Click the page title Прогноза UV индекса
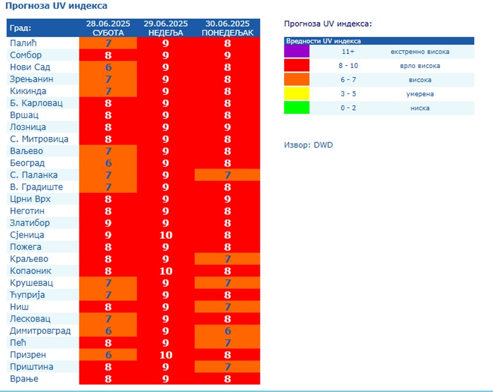56,6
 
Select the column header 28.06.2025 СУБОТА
108,28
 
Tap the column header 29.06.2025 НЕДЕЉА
166,28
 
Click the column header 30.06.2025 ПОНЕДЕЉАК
227,28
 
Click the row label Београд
27,163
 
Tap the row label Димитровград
40,330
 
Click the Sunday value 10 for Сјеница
166,235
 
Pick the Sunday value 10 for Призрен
166,355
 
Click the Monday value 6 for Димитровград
227,331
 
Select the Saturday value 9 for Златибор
108,223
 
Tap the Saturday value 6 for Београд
108,163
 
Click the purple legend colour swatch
296,52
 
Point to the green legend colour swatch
296,108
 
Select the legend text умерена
420,94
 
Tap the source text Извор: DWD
309,145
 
